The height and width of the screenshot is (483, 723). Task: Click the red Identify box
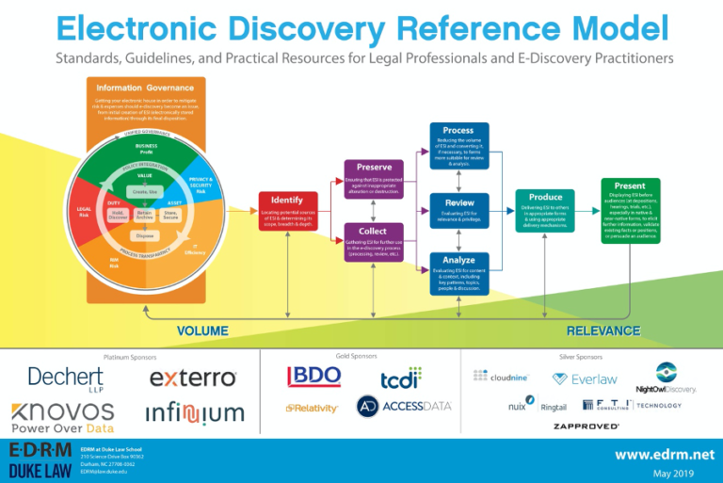pos(287,211)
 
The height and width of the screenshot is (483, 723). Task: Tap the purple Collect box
pos(374,243)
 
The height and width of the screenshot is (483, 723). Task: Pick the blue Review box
pos(458,209)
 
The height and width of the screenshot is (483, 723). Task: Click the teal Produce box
pos(545,210)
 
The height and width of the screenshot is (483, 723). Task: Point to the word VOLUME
pos(203,331)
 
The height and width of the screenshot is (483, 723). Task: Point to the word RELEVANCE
pos(603,331)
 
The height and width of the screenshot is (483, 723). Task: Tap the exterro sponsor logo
pos(193,378)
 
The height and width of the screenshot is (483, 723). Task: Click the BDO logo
pos(313,376)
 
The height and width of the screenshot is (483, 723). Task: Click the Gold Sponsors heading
pos(356,356)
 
